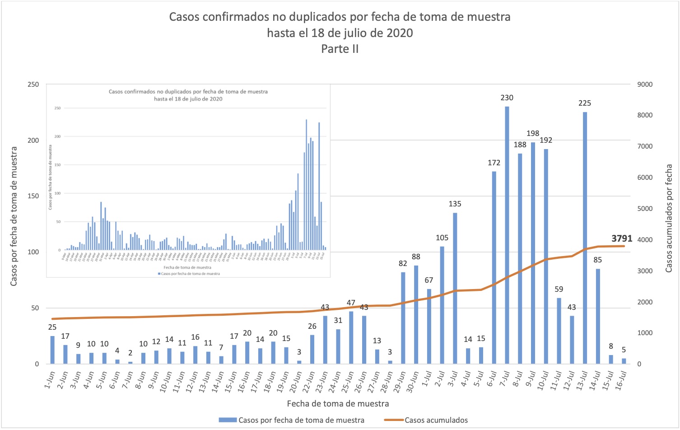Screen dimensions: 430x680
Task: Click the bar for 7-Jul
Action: pyautogui.click(x=507, y=235)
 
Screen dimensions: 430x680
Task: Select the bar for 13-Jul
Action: pyautogui.click(x=585, y=238)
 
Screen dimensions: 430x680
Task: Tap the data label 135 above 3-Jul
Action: pyautogui.click(x=455, y=204)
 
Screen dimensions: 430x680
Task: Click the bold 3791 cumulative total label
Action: pyautogui.click(x=622, y=238)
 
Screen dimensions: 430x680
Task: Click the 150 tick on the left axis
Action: pyautogui.click(x=33, y=196)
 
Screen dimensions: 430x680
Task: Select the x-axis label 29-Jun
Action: pyautogui.click(x=398, y=382)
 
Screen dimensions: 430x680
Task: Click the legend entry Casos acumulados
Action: pyautogui.click(x=436, y=420)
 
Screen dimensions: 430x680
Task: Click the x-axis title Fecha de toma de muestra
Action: pyautogui.click(x=338, y=403)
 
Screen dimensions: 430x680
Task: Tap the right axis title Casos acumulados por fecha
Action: pyautogui.click(x=669, y=218)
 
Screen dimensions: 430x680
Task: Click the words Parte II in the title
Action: pyautogui.click(x=340, y=49)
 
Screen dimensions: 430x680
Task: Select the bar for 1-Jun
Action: pyautogui.click(x=52, y=350)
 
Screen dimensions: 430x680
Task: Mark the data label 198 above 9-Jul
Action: pyautogui.click(x=533, y=133)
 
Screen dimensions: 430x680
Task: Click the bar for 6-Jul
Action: pyautogui.click(x=494, y=267)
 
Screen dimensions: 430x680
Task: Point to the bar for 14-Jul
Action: pyautogui.click(x=598, y=316)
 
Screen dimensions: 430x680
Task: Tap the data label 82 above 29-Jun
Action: pyautogui.click(x=403, y=263)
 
